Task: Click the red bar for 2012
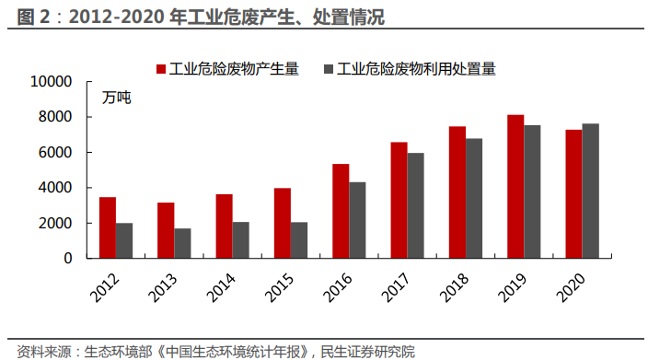click(x=108, y=228)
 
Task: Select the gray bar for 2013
click(x=182, y=243)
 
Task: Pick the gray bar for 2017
click(x=415, y=205)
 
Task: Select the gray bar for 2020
click(x=590, y=191)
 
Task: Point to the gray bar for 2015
click(x=299, y=240)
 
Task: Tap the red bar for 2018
click(x=457, y=192)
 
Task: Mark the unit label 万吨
click(x=117, y=97)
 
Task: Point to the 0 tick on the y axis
click(x=67, y=259)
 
